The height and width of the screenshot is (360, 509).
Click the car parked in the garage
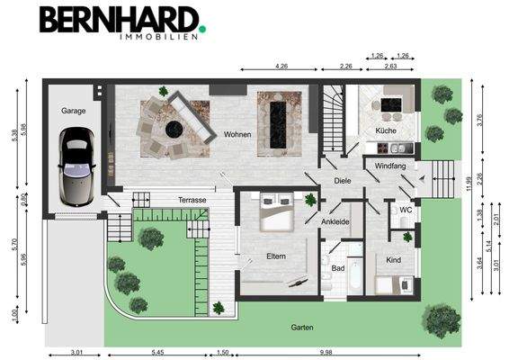[x=76, y=165]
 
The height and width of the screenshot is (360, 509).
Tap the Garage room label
[x=73, y=111]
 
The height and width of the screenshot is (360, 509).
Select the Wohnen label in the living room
[x=238, y=135]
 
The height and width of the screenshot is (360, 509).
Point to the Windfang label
[x=390, y=166]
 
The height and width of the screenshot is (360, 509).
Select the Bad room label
[x=338, y=267]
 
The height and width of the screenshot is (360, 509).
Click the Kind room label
[x=393, y=259]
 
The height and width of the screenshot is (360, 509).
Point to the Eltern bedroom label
[x=275, y=256]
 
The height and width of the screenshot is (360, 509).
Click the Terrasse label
[x=192, y=199]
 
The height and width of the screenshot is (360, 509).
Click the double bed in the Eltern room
[x=273, y=215]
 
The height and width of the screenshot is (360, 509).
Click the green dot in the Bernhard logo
[x=202, y=29]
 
